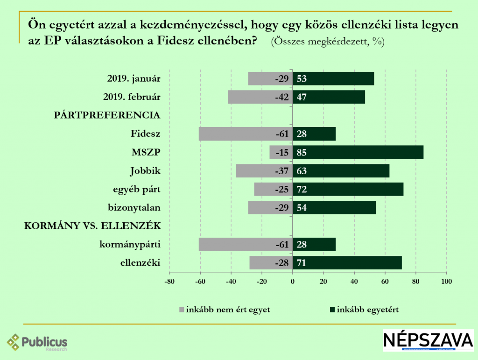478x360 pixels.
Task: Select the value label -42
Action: pyautogui.click(x=283, y=97)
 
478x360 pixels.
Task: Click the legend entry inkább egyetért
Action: pyautogui.click(x=364, y=309)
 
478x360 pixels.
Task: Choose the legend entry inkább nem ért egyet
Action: pyautogui.click(x=225, y=309)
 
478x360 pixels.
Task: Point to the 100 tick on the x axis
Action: pyautogui.click(x=447, y=281)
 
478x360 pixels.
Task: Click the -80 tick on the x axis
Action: pyautogui.click(x=169, y=281)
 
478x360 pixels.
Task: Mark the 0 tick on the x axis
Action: pyautogui.click(x=293, y=281)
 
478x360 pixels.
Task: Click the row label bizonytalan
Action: pyautogui.click(x=134, y=207)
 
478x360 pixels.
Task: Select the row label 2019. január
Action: pyautogui.click(x=133, y=78)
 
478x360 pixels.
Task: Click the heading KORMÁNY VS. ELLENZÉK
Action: pyautogui.click(x=92, y=226)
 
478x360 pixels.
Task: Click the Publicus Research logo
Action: pyautogui.click(x=37, y=342)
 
